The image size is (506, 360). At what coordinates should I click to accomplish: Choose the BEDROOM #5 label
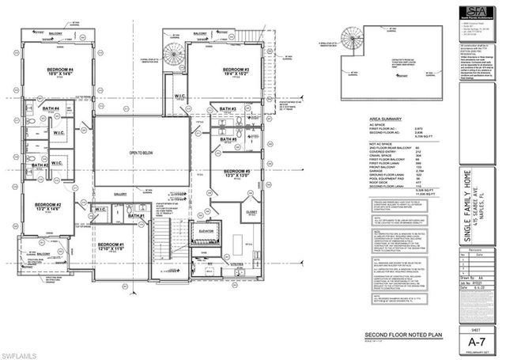tap(236, 173)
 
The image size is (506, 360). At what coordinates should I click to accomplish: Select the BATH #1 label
tap(134, 215)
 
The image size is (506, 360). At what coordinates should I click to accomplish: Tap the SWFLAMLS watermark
tap(24, 349)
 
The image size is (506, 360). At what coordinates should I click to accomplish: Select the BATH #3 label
tap(228, 108)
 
